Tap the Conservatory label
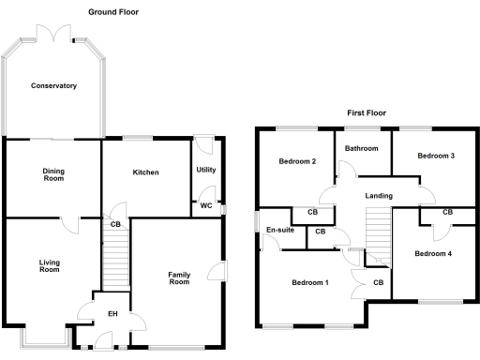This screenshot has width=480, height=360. pos(53,86)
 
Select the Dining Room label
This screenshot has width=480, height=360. pos(53,175)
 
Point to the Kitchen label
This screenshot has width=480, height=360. pos(145,172)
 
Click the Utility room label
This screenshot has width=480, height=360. pos(206,170)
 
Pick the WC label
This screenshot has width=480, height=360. pos(205,205)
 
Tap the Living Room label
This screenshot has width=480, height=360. pos(50,266)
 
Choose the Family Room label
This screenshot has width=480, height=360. pos(179,278)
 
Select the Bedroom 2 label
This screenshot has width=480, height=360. pos(297,161)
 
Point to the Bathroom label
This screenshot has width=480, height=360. pos(361,149)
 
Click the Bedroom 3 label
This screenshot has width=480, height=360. pos(436,156)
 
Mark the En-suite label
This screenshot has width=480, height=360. pos(279,231)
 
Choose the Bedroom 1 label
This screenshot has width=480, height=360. pos(309,283)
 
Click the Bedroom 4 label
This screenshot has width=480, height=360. pos(433,254)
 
